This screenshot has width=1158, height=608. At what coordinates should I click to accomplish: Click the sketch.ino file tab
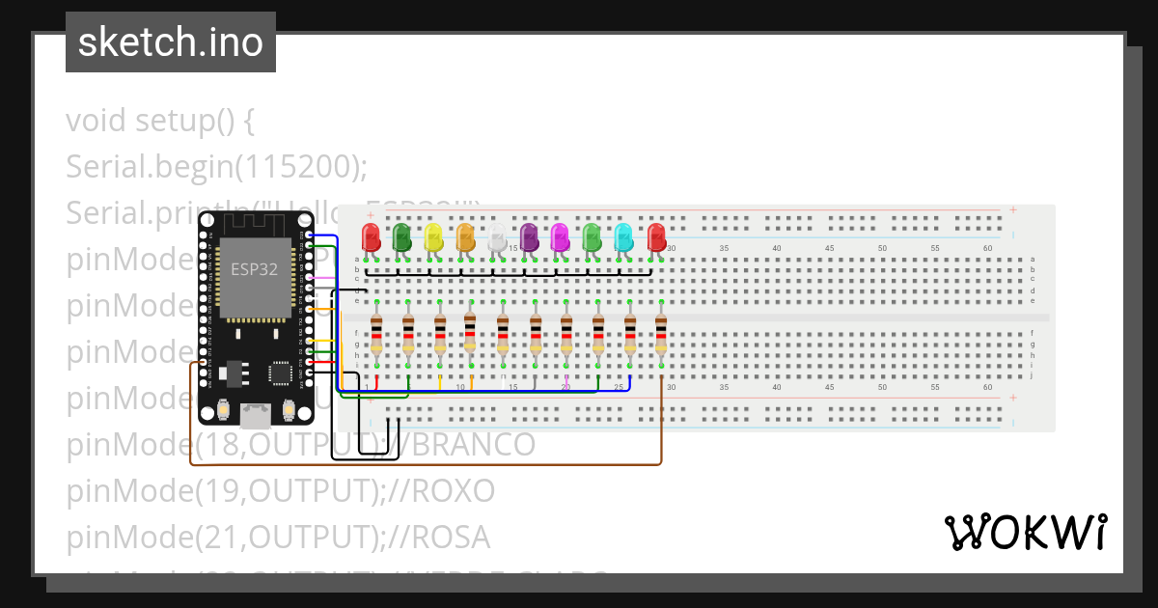(x=171, y=42)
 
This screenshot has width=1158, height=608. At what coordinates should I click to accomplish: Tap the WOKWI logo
(x=1024, y=532)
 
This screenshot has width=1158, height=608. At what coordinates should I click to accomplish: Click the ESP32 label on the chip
(x=254, y=269)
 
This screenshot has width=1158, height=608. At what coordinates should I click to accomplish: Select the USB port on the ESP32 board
(x=256, y=415)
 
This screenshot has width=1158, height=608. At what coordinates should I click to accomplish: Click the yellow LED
(x=433, y=237)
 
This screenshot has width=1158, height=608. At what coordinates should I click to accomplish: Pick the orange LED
(x=465, y=237)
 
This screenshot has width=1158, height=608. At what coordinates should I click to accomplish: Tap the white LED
(x=496, y=237)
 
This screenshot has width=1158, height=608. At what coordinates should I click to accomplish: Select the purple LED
(x=529, y=237)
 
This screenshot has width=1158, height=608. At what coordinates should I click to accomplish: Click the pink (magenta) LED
(x=560, y=237)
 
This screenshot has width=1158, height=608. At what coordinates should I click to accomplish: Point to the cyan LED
(x=623, y=237)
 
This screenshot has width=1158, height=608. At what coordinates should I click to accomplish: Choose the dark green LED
(x=402, y=237)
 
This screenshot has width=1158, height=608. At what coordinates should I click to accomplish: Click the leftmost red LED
(x=371, y=237)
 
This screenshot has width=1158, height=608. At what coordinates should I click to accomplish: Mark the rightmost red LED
(x=656, y=237)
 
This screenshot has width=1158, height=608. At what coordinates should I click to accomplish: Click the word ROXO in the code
(x=453, y=490)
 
